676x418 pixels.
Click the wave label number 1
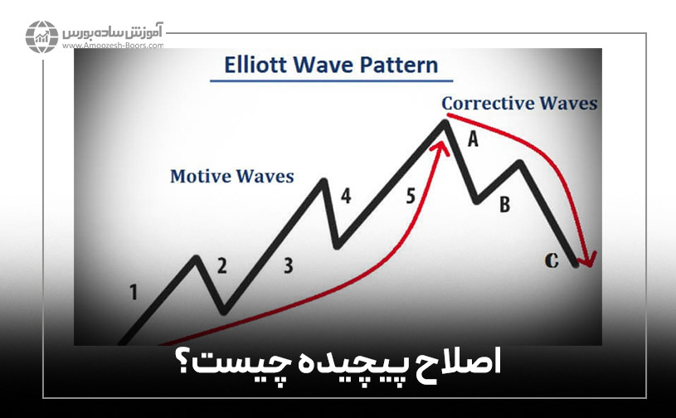pyautogui.click(x=134, y=292)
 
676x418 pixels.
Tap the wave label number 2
pyautogui.click(x=221, y=266)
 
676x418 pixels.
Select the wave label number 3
pyautogui.click(x=289, y=265)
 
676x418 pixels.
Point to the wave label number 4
pyautogui.click(x=346, y=196)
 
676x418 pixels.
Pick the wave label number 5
pyautogui.click(x=411, y=196)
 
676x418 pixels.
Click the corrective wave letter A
pyautogui.click(x=473, y=139)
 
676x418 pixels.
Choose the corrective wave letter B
pyautogui.click(x=504, y=204)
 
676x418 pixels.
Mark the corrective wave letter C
pyautogui.click(x=552, y=260)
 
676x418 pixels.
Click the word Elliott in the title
pyautogui.click(x=255, y=65)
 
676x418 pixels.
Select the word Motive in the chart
pyautogui.click(x=200, y=177)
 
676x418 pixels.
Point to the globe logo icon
pyautogui.click(x=41, y=36)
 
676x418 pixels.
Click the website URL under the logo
pyautogui.click(x=113, y=46)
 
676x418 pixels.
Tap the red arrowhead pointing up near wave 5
pyautogui.click(x=440, y=148)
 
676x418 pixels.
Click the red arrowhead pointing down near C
pyautogui.click(x=586, y=259)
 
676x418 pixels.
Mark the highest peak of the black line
pyautogui.click(x=444, y=122)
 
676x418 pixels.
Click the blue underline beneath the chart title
pyautogui.click(x=332, y=80)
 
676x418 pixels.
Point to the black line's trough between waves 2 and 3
pyautogui.click(x=223, y=311)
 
